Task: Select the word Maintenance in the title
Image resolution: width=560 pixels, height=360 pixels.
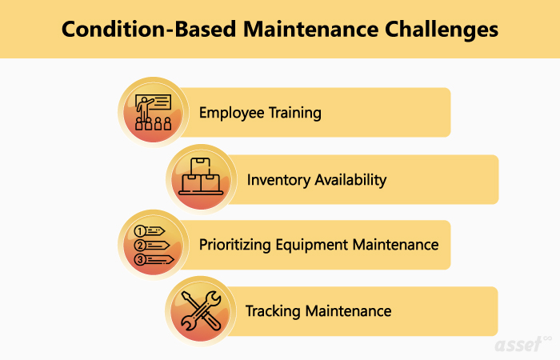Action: pyautogui.click(x=310, y=29)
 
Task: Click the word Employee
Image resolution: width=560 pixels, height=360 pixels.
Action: pyautogui.click(x=231, y=114)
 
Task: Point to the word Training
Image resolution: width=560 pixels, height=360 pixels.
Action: pyautogui.click(x=295, y=114)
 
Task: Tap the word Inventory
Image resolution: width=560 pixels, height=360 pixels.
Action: pyautogui.click(x=278, y=180)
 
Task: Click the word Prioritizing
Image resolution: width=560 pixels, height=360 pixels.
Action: pyautogui.click(x=235, y=246)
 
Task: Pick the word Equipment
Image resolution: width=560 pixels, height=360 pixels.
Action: pyautogui.click(x=312, y=246)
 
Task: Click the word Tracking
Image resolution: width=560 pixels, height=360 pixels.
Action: pyautogui.click(x=273, y=311)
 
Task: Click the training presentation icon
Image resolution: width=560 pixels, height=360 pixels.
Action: pyautogui.click(x=154, y=112)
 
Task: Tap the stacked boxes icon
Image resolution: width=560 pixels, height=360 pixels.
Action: pyautogui.click(x=201, y=177)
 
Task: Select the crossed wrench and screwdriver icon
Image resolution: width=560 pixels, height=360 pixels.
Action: pyautogui.click(x=201, y=310)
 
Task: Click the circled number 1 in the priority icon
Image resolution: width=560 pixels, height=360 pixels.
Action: pyautogui.click(x=140, y=231)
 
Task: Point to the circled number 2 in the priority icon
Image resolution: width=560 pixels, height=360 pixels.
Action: pyautogui.click(x=140, y=246)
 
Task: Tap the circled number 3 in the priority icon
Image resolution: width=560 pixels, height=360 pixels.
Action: pyautogui.click(x=140, y=260)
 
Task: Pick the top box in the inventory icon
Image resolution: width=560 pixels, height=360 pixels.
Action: pyautogui.click(x=200, y=166)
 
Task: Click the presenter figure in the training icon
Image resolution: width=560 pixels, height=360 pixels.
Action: pyautogui.click(x=144, y=109)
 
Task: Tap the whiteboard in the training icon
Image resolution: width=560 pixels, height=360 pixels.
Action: pyautogui.click(x=157, y=102)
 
